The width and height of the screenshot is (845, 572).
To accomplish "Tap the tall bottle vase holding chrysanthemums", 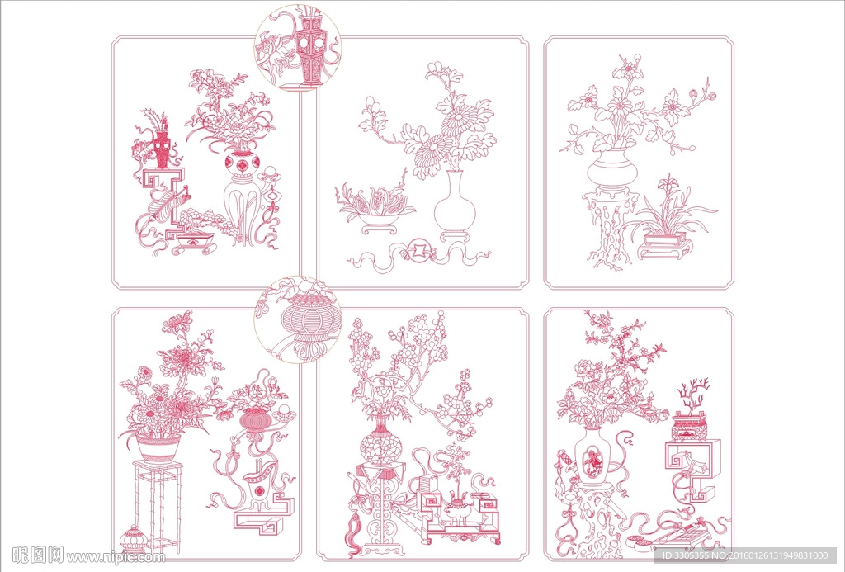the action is click(x=455, y=205).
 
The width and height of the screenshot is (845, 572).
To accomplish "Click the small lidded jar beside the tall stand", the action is click(x=133, y=539).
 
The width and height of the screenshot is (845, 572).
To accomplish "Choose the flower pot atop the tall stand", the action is click(x=158, y=447).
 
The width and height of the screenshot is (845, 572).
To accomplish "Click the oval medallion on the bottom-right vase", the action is click(x=592, y=458).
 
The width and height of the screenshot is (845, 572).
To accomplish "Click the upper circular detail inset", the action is click(x=297, y=48).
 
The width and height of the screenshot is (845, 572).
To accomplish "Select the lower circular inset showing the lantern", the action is click(x=297, y=319).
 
